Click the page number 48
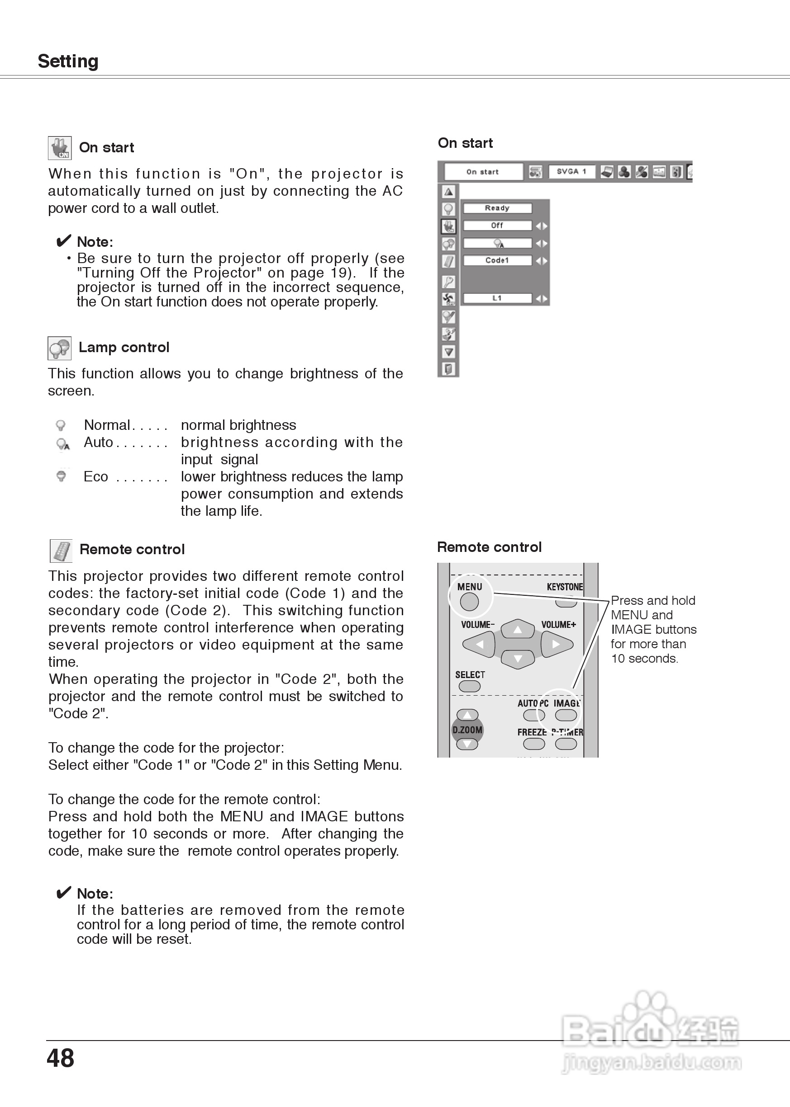(60, 1057)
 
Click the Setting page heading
(68, 61)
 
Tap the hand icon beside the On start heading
(60, 148)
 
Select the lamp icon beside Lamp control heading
(59, 348)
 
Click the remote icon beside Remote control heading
(61, 551)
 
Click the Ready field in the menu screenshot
(497, 208)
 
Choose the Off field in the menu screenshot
(497, 226)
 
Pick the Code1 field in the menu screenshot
(497, 260)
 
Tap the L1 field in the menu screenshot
(497, 298)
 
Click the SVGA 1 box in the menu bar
(571, 171)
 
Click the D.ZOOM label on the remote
(467, 730)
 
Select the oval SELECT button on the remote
(469, 686)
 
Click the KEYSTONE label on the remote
(564, 587)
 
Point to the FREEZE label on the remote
(532, 732)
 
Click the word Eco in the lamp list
(96, 477)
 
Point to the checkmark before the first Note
(64, 241)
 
